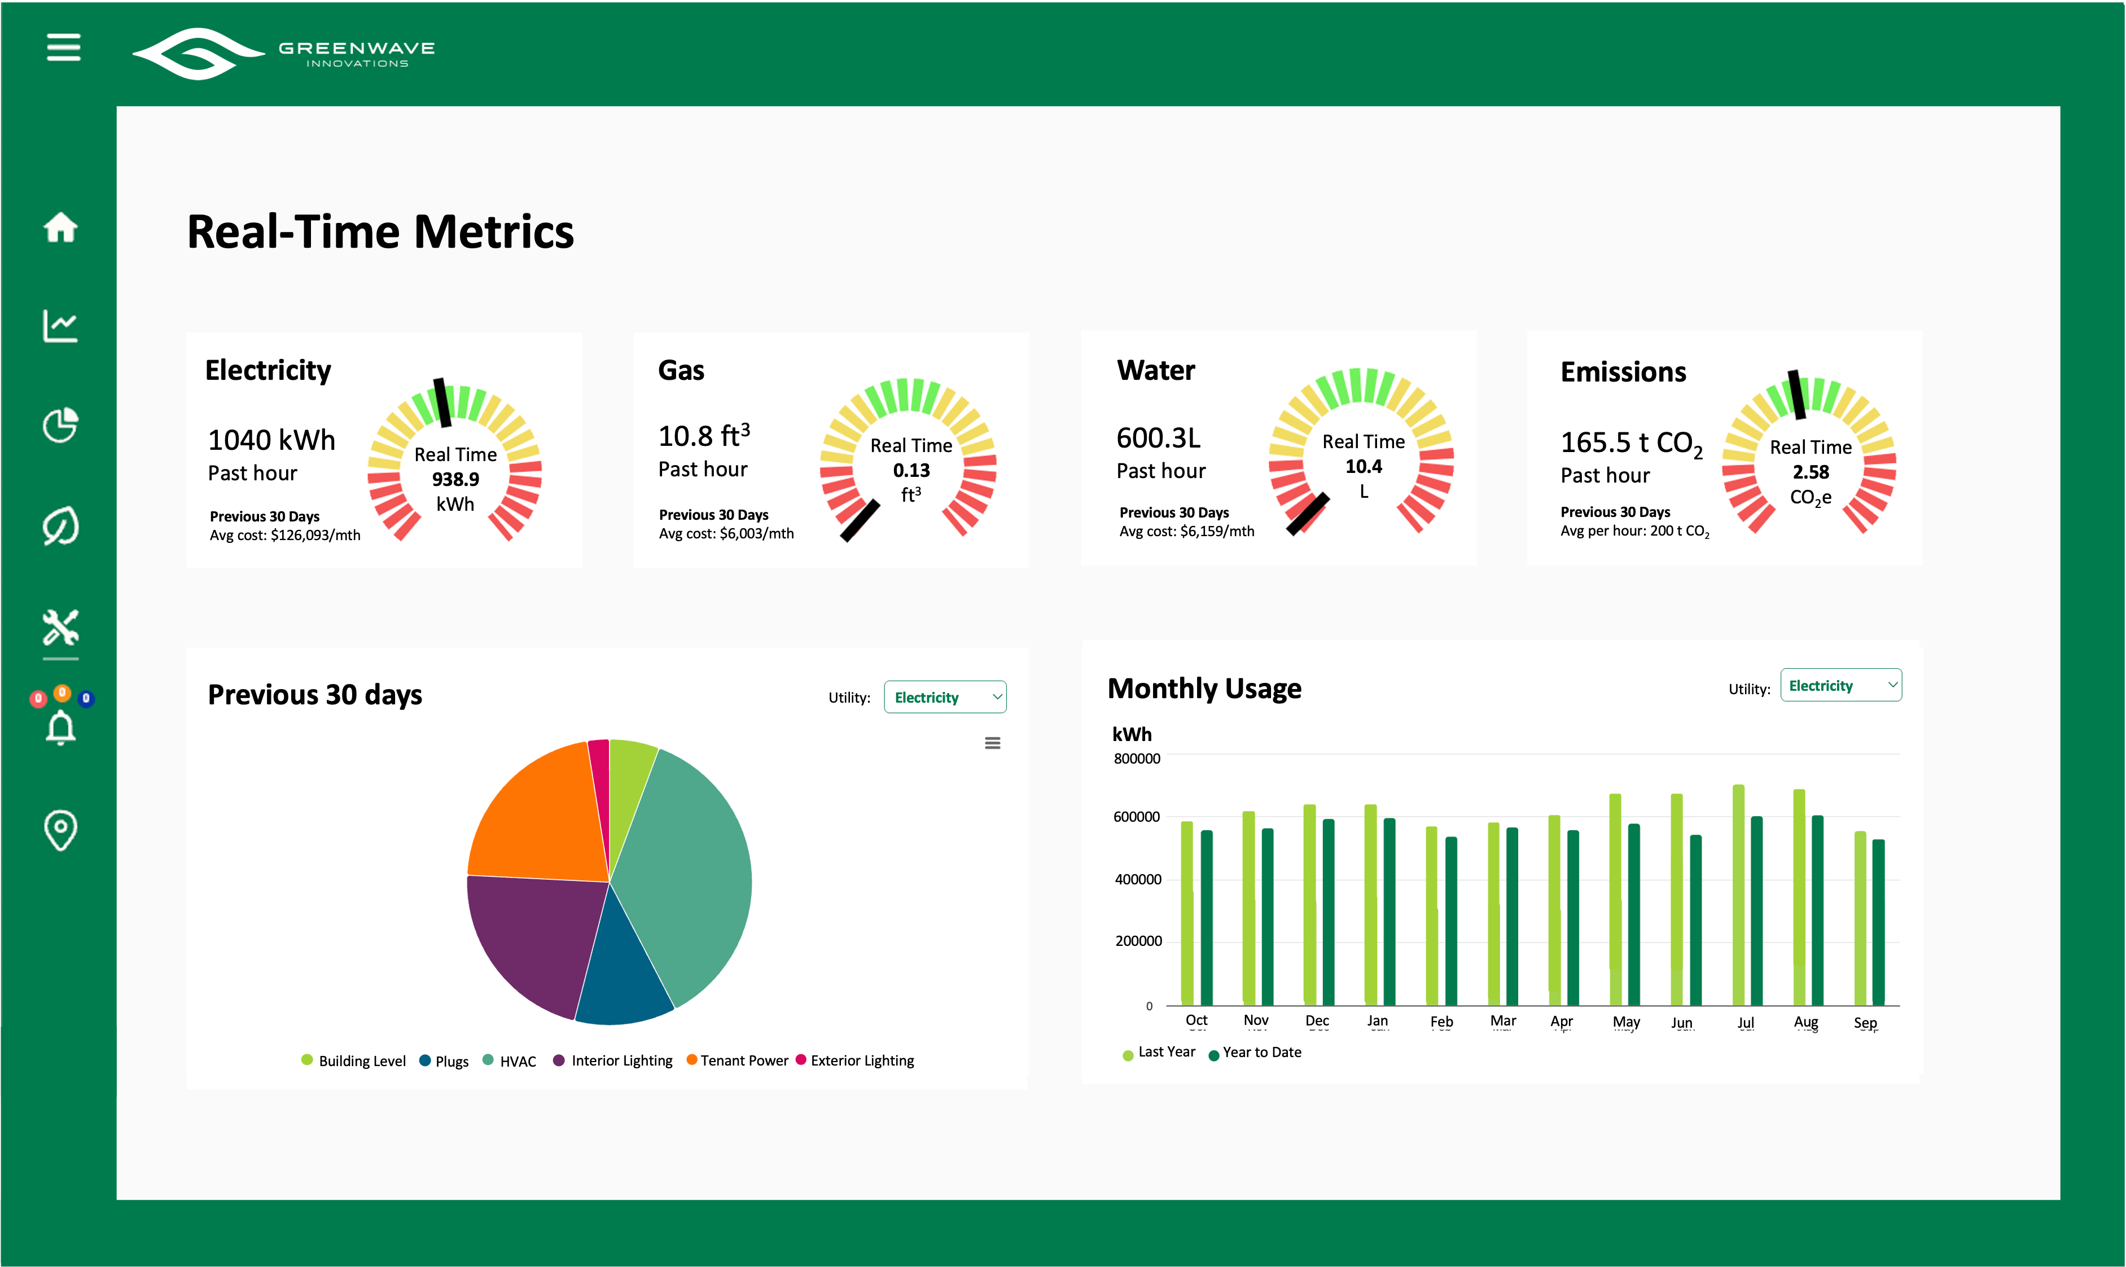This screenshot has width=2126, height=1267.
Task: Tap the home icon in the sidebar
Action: coord(60,227)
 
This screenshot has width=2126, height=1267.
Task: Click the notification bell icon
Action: coord(60,727)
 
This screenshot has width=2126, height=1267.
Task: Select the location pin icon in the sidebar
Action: coord(60,830)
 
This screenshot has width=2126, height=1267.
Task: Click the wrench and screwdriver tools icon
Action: coord(60,628)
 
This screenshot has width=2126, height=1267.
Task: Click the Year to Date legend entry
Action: coord(1255,1053)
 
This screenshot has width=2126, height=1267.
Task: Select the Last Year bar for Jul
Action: coord(1738,896)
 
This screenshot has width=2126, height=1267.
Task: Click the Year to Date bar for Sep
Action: coord(1878,922)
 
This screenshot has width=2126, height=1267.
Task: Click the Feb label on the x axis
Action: coord(1441,1021)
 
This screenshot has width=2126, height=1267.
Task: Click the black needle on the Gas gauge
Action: coord(860,521)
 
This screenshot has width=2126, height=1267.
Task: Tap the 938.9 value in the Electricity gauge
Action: coord(455,479)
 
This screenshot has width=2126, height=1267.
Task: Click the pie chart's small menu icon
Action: coord(992,743)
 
